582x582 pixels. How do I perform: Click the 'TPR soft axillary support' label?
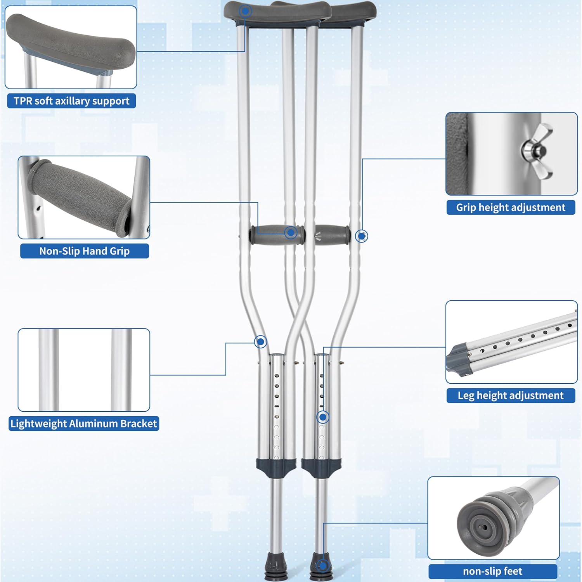point(71,101)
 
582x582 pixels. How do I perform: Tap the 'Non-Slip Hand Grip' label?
point(84,251)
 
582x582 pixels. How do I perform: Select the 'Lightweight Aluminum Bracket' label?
point(83,423)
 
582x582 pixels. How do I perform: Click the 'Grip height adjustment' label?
point(511,208)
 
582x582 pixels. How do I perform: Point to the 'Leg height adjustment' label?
point(511,395)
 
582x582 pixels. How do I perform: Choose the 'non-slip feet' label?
point(492,571)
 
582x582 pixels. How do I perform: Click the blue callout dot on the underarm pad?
point(245,11)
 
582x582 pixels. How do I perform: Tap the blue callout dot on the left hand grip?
point(291,233)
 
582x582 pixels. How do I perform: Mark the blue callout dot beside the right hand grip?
point(362,236)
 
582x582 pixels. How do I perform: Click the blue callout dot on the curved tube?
point(260,342)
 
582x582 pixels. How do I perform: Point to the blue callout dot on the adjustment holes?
point(323,417)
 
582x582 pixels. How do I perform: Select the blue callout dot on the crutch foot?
point(322,565)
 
